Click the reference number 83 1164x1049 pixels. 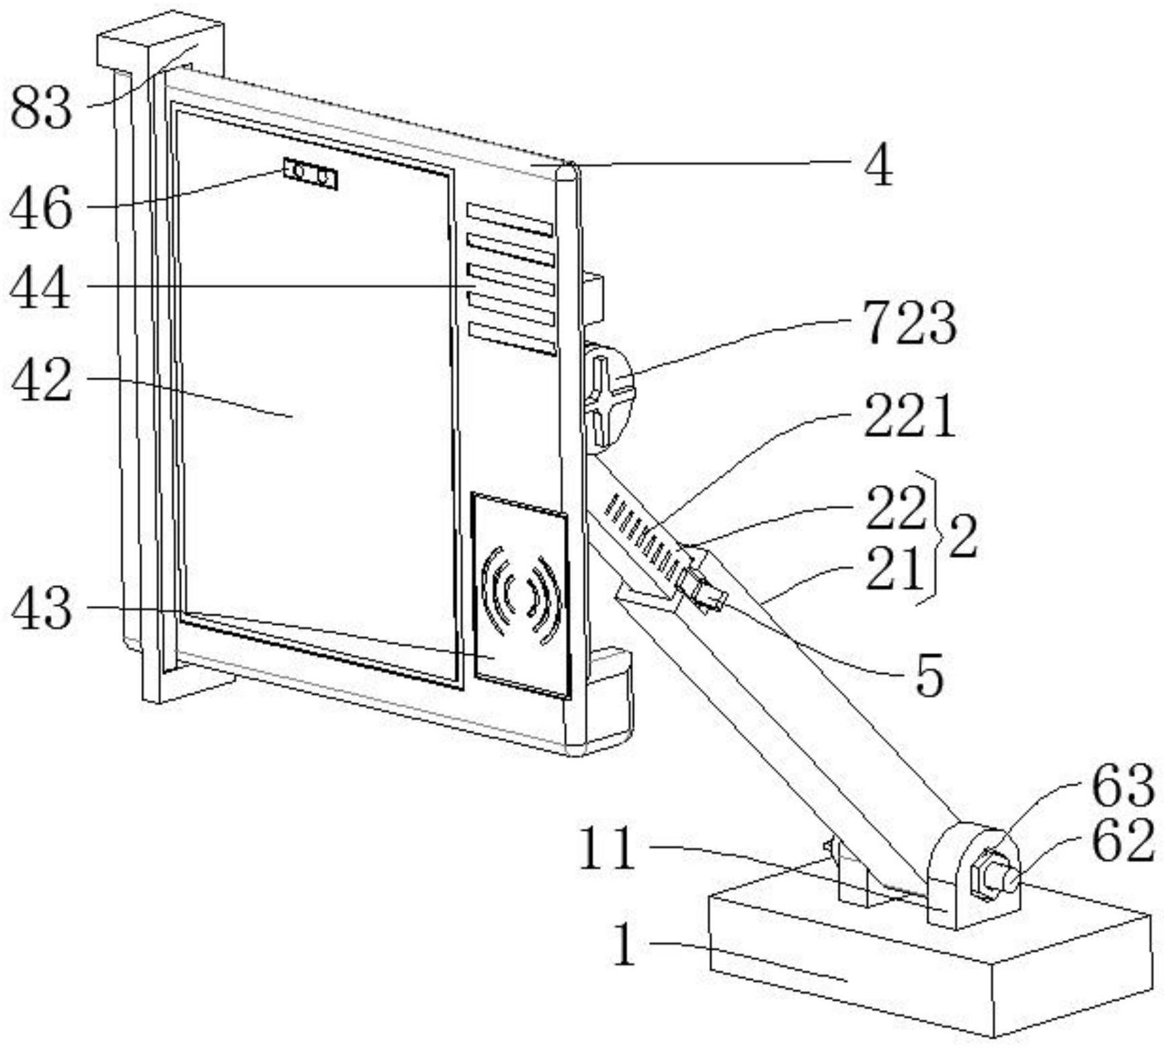coord(42,109)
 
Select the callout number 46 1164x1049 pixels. coord(41,208)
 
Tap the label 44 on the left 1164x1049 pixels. coord(40,288)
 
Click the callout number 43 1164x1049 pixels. coord(41,608)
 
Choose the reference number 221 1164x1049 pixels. coord(909,416)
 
